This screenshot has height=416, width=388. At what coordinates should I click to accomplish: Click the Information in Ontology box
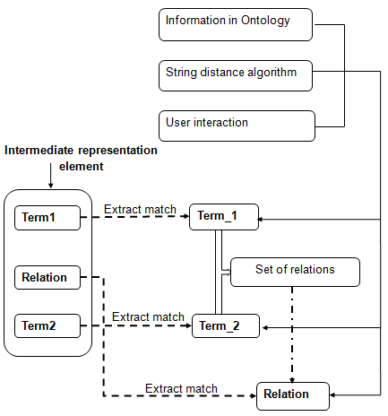pyautogui.click(x=236, y=24)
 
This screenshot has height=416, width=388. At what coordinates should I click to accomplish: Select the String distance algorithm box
pyautogui.click(x=236, y=75)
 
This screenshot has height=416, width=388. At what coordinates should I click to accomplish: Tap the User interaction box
pyautogui.click(x=237, y=126)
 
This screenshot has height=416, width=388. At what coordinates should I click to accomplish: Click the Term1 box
pyautogui.click(x=47, y=218)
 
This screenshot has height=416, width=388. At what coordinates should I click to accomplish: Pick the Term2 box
pyautogui.click(x=47, y=325)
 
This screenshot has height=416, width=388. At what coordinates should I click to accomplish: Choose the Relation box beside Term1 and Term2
pyautogui.click(x=47, y=277)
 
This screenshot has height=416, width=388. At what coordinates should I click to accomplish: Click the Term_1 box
pyautogui.click(x=224, y=217)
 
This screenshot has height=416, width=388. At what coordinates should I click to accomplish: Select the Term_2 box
pyautogui.click(x=226, y=325)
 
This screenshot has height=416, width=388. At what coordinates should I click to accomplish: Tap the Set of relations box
pyautogui.click(x=295, y=272)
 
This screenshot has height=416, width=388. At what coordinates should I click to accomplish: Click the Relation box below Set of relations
pyautogui.click(x=293, y=396)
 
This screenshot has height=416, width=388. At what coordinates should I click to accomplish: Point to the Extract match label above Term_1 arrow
pyautogui.click(x=140, y=209)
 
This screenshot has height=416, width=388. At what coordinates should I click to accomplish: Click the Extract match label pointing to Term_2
pyautogui.click(x=148, y=316)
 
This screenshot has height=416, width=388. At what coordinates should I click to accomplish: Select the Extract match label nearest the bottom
pyautogui.click(x=181, y=388)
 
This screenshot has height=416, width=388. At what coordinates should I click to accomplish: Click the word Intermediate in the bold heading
pyautogui.click(x=39, y=151)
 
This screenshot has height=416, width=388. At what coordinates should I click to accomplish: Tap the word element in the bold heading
pyautogui.click(x=82, y=166)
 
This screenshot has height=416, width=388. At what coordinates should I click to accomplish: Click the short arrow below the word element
pyautogui.click(x=51, y=176)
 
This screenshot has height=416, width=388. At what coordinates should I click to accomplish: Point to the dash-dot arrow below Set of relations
pyautogui.click(x=292, y=334)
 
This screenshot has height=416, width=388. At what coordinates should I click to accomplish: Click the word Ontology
pyautogui.click(x=265, y=21)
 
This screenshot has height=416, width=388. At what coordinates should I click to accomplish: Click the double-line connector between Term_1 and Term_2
pyautogui.click(x=219, y=272)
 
